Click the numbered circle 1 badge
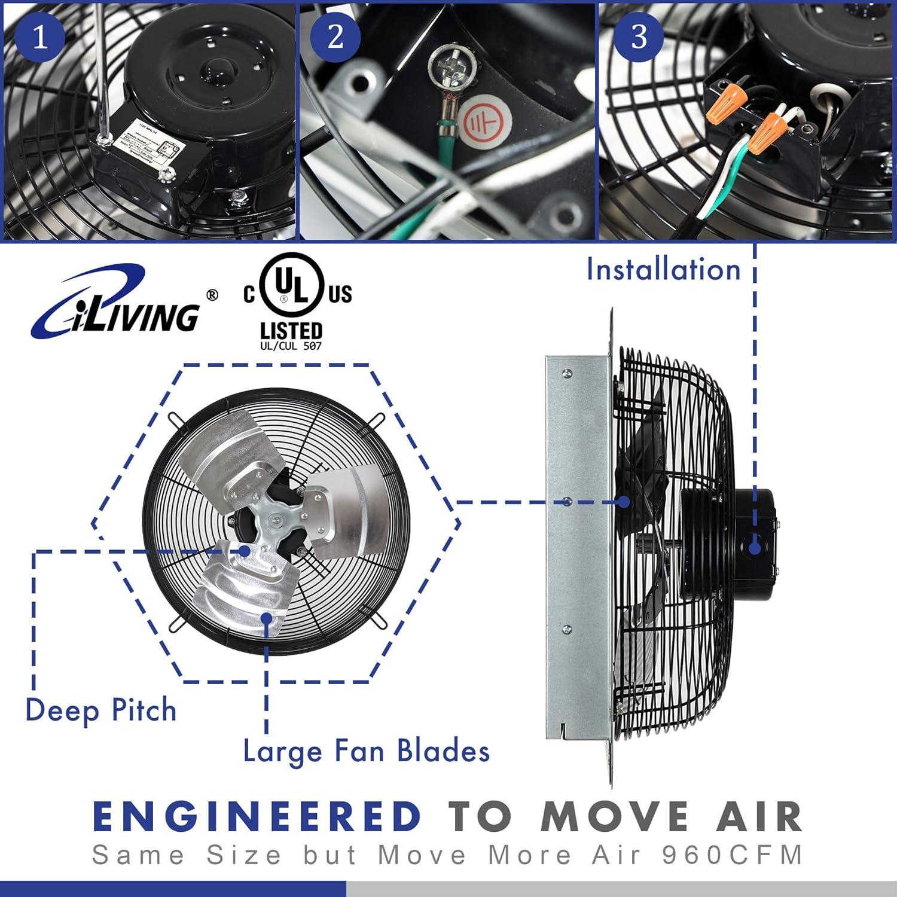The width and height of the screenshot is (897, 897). (x=39, y=37)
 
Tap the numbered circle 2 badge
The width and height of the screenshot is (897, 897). (x=335, y=37)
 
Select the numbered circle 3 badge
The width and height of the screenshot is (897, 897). (x=639, y=37)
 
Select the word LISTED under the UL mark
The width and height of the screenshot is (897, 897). (x=291, y=330)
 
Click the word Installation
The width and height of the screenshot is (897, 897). (x=663, y=270)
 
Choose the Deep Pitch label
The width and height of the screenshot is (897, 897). (x=101, y=711)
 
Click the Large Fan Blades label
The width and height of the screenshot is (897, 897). (x=366, y=752)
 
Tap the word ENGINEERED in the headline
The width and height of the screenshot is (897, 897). (x=258, y=817)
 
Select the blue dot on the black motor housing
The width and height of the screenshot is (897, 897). (x=755, y=547)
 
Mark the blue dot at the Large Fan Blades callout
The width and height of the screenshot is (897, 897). (x=266, y=617)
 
